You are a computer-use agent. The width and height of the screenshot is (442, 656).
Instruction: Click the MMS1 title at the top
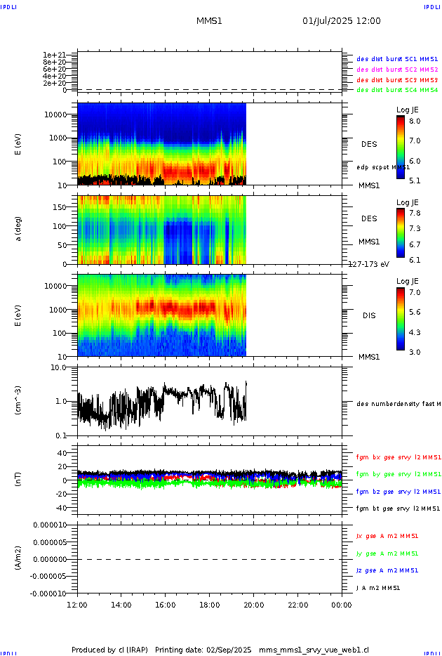tap(209, 21)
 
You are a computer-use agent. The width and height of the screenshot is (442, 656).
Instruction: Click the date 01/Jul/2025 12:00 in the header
tap(341, 21)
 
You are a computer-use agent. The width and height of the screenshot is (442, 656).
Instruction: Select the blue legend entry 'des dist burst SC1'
tap(397, 60)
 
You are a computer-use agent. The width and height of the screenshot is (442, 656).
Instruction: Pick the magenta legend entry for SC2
tap(397, 70)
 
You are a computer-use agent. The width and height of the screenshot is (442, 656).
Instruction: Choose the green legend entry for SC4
tap(397, 90)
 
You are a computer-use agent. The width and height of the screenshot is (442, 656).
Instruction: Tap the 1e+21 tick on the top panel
tap(54, 55)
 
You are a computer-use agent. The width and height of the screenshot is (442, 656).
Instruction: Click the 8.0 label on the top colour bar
tap(415, 122)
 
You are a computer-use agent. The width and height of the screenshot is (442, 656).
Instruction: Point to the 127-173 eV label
tap(369, 265)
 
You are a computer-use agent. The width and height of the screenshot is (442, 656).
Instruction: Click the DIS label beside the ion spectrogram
tap(369, 315)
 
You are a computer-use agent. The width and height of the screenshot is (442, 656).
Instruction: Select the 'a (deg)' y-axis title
tap(19, 229)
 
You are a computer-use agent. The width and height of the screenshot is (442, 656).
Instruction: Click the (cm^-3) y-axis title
tap(19, 400)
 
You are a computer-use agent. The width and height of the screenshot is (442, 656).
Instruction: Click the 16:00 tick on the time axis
tap(165, 604)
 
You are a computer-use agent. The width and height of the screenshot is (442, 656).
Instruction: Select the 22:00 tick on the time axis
tap(297, 604)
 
